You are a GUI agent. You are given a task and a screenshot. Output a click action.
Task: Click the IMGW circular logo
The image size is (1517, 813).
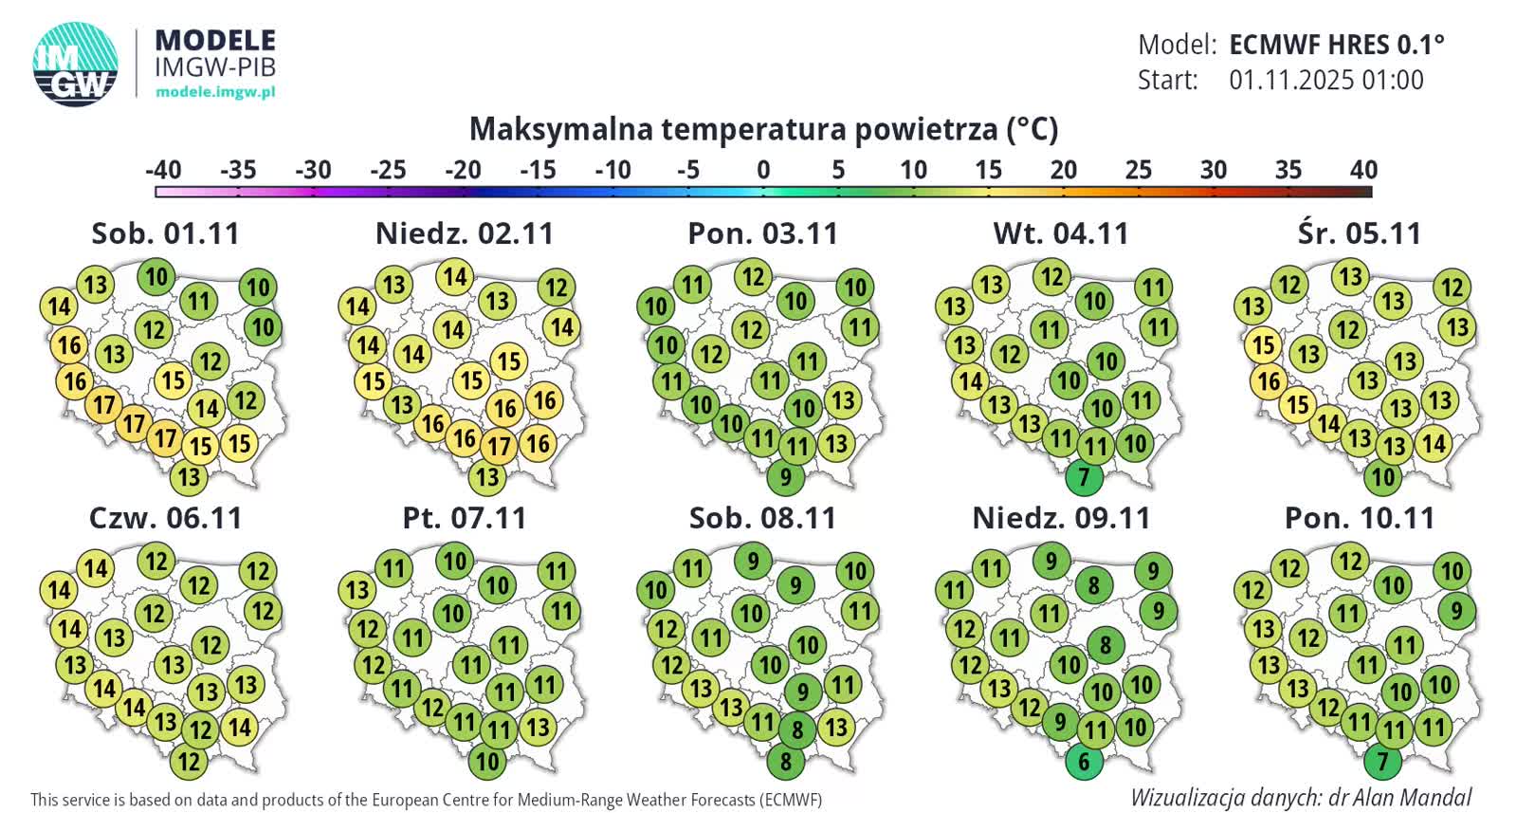coord(76,64)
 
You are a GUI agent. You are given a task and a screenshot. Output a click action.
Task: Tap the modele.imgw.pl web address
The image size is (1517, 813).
coord(215,92)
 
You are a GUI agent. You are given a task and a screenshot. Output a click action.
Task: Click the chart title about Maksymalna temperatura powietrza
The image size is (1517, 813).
coord(763,129)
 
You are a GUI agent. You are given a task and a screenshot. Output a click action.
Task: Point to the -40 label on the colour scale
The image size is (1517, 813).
coord(163,170)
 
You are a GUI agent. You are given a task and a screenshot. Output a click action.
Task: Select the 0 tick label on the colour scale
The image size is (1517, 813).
coord(763,170)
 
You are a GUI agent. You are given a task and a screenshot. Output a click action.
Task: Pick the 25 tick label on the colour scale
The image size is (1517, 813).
coord(1138,170)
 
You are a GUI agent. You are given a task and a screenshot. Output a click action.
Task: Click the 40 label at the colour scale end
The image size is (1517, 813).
coord(1362,170)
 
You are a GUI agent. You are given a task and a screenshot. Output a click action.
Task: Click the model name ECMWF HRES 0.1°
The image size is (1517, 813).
coord(1337,45)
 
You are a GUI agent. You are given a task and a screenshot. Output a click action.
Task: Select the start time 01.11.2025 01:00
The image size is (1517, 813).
coord(1325,80)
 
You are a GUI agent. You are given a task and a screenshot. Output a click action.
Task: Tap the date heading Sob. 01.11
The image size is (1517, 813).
coord(165,233)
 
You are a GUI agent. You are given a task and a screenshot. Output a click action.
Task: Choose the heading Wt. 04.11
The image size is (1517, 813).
coord(1061,233)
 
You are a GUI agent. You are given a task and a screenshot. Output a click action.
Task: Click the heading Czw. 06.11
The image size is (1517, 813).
coord(165,518)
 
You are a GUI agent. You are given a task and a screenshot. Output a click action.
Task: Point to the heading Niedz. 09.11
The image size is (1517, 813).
coord(1061,518)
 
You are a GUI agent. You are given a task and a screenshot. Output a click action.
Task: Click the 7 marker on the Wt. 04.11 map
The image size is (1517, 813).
coord(1084,476)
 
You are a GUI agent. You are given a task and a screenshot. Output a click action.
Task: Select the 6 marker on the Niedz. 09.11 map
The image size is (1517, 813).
coord(1084,761)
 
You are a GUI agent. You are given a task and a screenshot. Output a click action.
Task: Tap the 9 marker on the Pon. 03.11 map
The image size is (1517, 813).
coord(785,476)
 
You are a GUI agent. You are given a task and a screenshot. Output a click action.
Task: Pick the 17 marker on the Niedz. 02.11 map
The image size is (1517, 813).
coord(499,446)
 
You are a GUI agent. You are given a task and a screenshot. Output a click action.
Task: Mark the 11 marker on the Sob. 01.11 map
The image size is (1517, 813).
coord(198,302)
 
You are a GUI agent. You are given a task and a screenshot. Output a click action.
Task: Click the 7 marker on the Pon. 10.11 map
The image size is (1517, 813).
coord(1382,761)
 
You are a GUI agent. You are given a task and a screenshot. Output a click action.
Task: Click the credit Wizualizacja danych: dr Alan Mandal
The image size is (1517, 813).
coord(1301,797)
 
